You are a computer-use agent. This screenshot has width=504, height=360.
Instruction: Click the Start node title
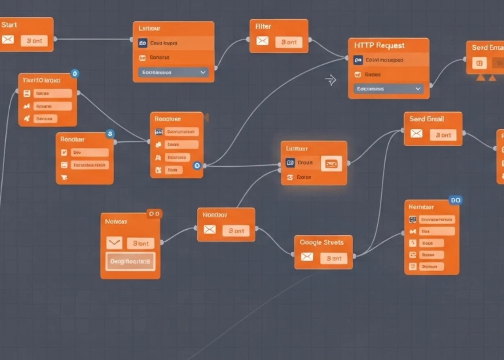pyautogui.click(x=9, y=25)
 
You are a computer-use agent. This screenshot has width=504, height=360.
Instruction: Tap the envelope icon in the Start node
pyautogui.click(x=8, y=40)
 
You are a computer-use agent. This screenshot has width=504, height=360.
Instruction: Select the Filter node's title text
pyautogui.click(x=263, y=26)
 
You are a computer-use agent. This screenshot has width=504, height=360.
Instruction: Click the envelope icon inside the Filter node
pyautogui.click(x=262, y=41)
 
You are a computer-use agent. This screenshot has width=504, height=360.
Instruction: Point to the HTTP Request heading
pyautogui.click(x=379, y=45)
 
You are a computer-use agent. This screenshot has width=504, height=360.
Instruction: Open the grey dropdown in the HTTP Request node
pyautogui.click(x=388, y=89)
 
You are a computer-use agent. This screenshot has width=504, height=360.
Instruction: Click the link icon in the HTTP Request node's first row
pyautogui.click(x=358, y=60)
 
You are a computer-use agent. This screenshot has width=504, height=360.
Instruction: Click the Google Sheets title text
pyautogui.click(x=321, y=242)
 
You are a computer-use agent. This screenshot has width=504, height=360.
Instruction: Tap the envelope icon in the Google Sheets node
pyautogui.click(x=307, y=257)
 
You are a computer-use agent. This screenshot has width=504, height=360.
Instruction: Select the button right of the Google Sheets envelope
pyautogui.click(x=334, y=258)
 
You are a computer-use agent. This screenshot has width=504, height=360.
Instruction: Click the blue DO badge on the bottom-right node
pyautogui.click(x=455, y=200)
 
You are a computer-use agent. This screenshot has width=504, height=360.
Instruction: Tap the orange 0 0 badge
pyautogui.click(x=154, y=214)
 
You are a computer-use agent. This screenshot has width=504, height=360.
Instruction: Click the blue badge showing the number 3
pyautogui.click(x=110, y=134)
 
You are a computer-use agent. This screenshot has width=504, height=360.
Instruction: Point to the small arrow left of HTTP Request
pyautogui.click(x=330, y=80)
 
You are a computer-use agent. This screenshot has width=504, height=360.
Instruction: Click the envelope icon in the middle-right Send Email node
pyautogui.click(x=417, y=134)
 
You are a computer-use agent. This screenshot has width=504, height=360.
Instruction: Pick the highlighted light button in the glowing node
pyautogui.click(x=331, y=164)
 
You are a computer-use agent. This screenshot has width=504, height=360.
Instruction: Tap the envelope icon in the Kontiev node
pyautogui.click(x=210, y=229)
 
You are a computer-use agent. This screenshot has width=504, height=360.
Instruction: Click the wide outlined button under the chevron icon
pyautogui.click(x=130, y=261)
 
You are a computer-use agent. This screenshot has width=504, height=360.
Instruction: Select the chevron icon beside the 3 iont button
pyautogui.click(x=114, y=243)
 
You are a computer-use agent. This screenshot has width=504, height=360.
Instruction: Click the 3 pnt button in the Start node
pyautogui.click(x=34, y=41)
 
